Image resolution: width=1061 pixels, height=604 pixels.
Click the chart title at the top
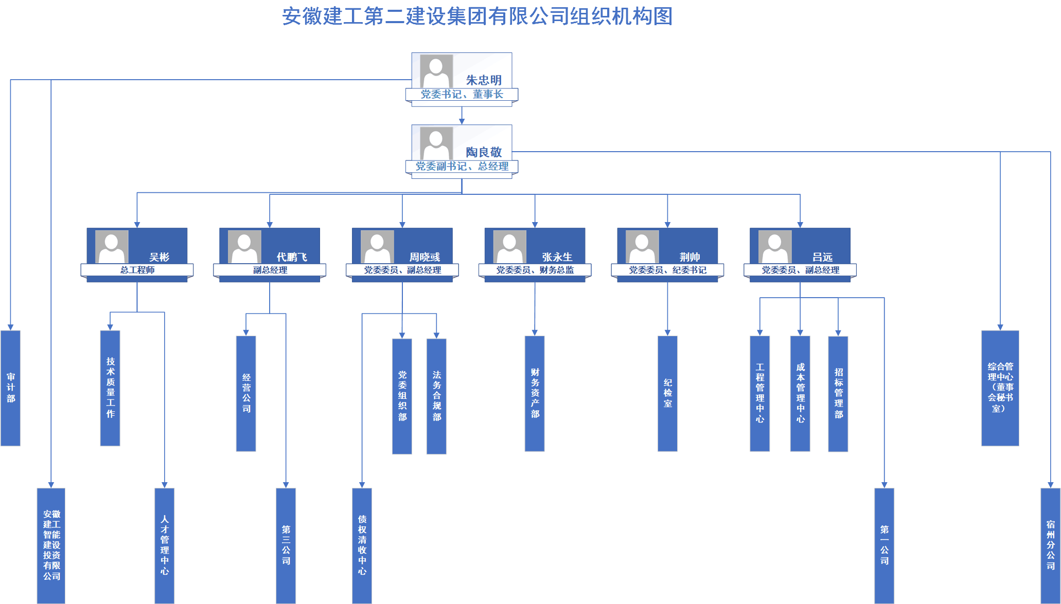pos(477,16)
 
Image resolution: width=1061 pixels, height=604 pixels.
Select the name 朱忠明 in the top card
pos(484,80)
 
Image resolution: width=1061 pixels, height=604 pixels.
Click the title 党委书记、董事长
pos(462,95)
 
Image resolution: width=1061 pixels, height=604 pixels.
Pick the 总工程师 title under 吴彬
pos(137,270)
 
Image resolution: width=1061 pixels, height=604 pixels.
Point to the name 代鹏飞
pos(292,257)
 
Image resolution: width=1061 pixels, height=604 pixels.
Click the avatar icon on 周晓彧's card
pos(377,246)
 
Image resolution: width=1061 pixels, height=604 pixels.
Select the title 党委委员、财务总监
pos(535,270)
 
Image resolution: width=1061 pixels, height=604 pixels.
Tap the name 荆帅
pos(689,257)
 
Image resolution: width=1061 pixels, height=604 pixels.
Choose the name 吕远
pos(822,257)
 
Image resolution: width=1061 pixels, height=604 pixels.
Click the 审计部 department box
pos(10,388)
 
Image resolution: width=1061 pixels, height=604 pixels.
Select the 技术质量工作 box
pos(110,388)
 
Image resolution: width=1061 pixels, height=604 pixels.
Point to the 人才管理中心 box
pos(164,545)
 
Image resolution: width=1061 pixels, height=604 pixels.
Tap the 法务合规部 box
pos(436,396)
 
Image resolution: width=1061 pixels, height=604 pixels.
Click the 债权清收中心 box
pos(362,545)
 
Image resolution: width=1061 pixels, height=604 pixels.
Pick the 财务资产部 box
pos(535,393)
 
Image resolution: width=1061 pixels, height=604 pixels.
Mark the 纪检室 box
pos(667,393)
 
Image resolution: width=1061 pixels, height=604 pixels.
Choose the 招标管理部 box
pos(838,394)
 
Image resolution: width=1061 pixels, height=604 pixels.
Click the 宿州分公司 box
pos(1050,545)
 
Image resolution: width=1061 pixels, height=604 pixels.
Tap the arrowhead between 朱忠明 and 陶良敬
pos(462,121)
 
